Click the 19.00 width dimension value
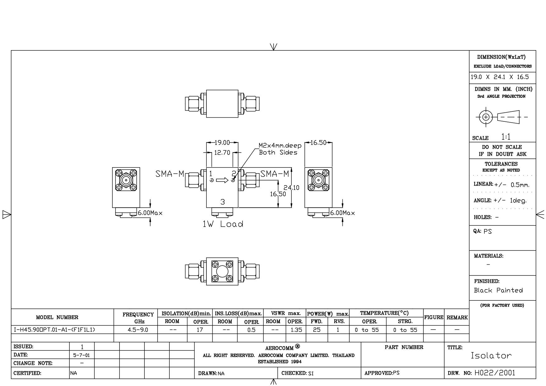[x=222, y=143]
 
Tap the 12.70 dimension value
[x=222, y=153]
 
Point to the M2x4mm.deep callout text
[x=280, y=146]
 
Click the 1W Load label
[x=223, y=224]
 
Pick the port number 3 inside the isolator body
[x=222, y=202]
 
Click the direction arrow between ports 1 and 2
[x=222, y=180]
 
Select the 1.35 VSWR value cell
[x=296, y=330]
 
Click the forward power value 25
[x=317, y=330]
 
